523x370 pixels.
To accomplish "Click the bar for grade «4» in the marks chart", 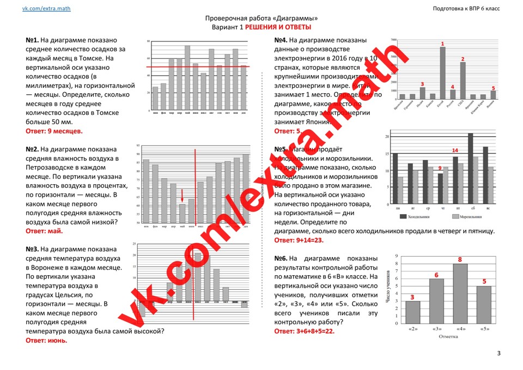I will (x=460, y=294).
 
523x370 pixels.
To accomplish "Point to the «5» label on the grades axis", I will (x=484, y=329).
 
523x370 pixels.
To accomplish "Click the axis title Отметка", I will (x=448, y=336).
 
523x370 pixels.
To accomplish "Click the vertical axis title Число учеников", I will (x=388, y=289).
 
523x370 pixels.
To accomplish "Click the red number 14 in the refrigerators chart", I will (x=455, y=150).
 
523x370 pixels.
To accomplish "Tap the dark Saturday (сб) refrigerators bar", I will (x=470, y=169).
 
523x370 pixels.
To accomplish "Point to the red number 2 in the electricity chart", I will (x=463, y=59).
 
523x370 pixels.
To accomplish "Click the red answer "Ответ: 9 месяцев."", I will (x=54, y=131).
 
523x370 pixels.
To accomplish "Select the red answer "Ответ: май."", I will (x=44, y=231).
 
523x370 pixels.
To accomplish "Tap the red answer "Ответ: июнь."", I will (x=46, y=340).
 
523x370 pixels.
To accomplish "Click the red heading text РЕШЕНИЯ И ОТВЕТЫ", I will (x=278, y=27).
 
